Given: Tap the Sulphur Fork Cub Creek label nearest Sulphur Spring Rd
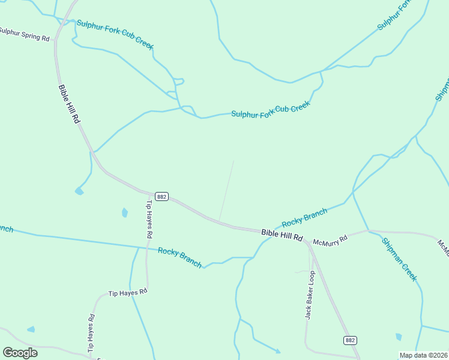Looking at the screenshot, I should click(x=115, y=37).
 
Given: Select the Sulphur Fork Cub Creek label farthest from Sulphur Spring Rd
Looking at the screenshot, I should click(x=271, y=110).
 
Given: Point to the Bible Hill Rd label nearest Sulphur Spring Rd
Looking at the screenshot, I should click(x=68, y=104).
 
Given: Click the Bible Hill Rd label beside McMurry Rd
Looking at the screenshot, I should click(x=282, y=234).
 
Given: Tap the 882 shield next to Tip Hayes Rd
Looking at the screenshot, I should click(x=161, y=196).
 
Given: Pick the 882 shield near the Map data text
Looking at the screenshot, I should click(x=351, y=340).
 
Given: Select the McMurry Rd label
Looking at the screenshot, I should click(x=330, y=239).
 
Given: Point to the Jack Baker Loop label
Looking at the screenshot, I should click(x=310, y=295).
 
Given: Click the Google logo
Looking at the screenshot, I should click(x=20, y=353).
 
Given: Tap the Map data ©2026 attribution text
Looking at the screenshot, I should click(x=424, y=355).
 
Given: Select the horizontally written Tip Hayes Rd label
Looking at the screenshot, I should click(x=127, y=293).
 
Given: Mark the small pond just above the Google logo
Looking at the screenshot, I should click(x=31, y=329).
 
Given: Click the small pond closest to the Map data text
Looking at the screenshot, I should click(x=399, y=337).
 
